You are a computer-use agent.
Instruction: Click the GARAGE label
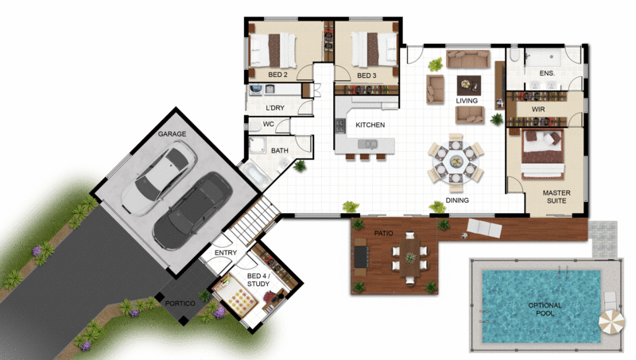[x=172, y=134]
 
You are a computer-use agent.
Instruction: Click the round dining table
[x=456, y=162]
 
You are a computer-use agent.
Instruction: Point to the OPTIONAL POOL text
[x=545, y=310]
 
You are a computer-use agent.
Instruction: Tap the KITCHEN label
[x=370, y=126]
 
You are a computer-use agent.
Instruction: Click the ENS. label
[x=547, y=73]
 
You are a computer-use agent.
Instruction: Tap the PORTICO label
[x=180, y=303]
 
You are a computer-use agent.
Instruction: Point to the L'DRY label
[x=275, y=108]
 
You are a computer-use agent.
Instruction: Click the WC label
[x=269, y=124]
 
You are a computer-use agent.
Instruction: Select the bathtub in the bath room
[x=257, y=174]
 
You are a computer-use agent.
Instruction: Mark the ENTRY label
[x=227, y=254]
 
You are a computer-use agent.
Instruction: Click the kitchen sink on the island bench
[x=369, y=144]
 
